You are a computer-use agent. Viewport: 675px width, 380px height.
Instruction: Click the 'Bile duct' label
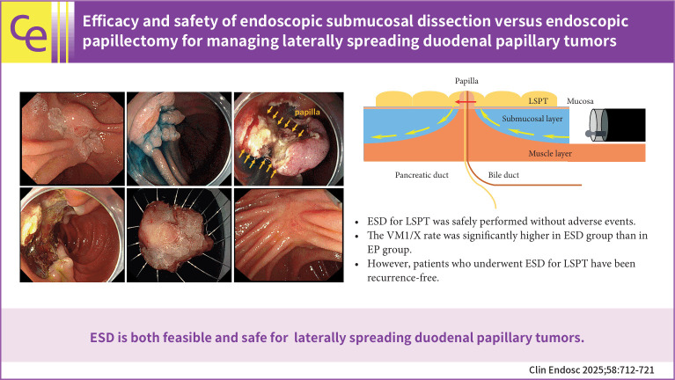tap(505, 175)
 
